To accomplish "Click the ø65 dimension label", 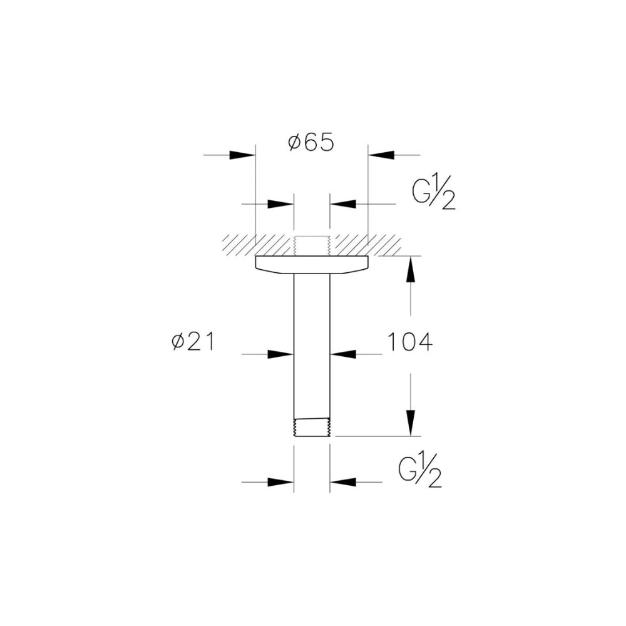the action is pos(310,143).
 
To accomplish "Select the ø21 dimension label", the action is pos(193,342).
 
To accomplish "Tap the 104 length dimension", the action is pos(410,342).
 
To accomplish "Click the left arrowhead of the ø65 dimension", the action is pos(242,155).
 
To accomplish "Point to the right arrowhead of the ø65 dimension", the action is pos(381,155).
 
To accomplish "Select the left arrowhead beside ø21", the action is pos(280,354).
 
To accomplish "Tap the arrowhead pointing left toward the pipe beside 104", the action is pos(343,354).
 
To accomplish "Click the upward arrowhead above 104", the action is pos(411,269).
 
